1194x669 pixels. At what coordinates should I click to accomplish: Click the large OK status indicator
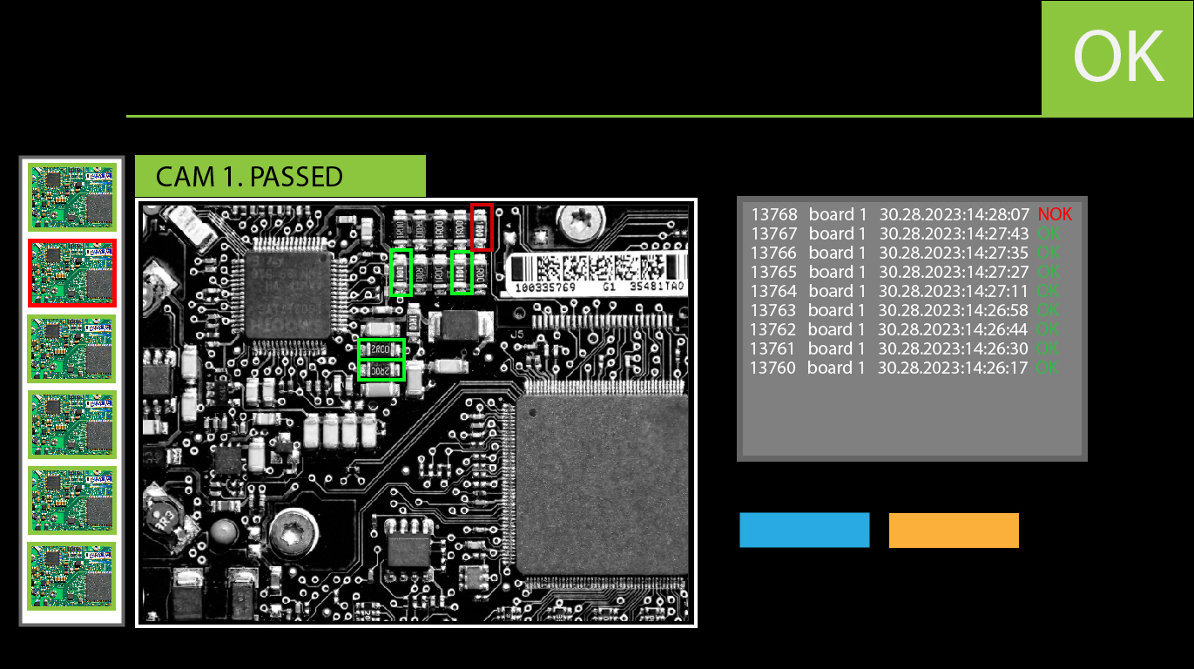1118,57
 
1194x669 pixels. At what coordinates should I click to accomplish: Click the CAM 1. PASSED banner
280,177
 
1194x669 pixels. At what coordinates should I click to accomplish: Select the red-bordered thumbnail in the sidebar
71,273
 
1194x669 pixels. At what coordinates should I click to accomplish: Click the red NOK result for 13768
1055,214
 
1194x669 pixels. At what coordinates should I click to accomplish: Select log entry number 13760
772,368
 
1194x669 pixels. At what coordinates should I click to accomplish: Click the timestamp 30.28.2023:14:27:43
954,233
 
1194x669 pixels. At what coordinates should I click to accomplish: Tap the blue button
804,530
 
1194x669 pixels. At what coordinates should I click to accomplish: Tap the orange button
954,530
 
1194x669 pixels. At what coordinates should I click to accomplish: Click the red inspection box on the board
482,226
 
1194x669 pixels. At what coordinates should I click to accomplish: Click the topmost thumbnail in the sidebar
71,197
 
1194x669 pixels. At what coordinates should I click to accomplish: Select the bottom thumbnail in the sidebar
71,576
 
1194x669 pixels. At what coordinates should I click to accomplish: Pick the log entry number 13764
773,291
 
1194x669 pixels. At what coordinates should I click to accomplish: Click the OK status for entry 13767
1049,233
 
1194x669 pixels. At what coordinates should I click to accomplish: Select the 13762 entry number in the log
773,329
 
